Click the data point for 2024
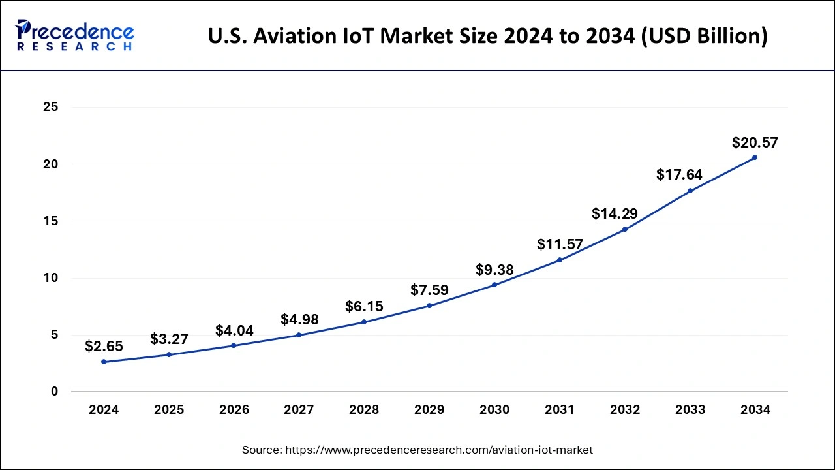tap(104, 362)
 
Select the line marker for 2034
tap(755, 157)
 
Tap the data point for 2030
tap(494, 285)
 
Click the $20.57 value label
tap(755, 142)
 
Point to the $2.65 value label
tap(104, 347)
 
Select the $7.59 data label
tap(429, 290)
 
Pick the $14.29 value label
tap(615, 213)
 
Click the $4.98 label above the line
tap(299, 319)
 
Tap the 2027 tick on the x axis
tap(299, 410)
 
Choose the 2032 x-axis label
tap(625, 410)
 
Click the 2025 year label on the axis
tap(169, 410)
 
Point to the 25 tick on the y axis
tap(51, 107)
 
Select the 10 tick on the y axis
tap(51, 278)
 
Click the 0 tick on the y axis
tap(55, 392)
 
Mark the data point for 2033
tap(690, 191)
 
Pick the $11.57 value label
tap(560, 244)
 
